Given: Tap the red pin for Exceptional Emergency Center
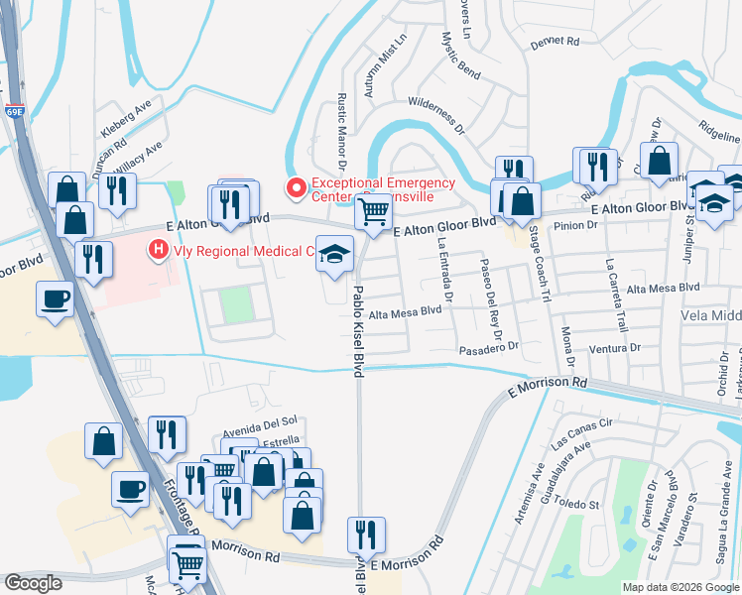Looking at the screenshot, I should (x=295, y=187).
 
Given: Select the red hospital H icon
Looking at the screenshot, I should (x=157, y=252).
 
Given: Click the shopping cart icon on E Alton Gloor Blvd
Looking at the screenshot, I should (x=373, y=211).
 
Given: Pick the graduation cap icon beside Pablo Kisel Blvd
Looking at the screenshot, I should (x=335, y=254).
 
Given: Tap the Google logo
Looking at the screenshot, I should (x=34, y=583).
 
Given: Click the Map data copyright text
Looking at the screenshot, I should (x=680, y=586).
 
